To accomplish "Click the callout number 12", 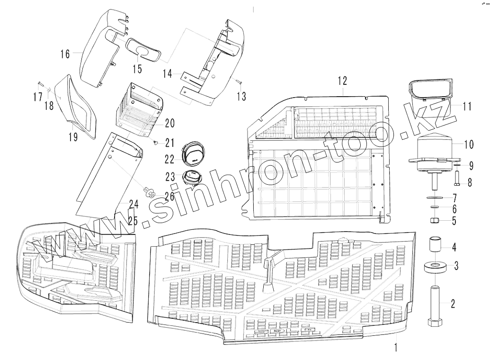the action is pyautogui.click(x=343, y=81).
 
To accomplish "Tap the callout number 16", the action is pyautogui.click(x=65, y=54).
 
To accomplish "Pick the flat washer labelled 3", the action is pyautogui.click(x=435, y=267).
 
